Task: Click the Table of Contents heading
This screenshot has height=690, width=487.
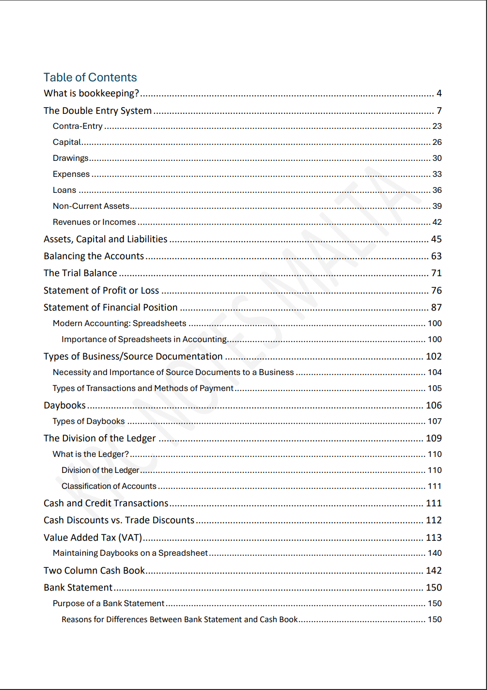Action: (90, 78)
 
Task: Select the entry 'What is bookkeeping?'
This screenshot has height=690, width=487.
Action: (91, 94)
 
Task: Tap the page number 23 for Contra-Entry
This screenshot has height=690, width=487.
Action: (437, 126)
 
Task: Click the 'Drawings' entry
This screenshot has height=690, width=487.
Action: (71, 158)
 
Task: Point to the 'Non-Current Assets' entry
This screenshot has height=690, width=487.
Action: (91, 206)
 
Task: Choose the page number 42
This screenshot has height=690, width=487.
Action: (437, 222)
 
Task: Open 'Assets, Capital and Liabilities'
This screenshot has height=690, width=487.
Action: (105, 239)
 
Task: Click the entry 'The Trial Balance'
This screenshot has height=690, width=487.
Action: (80, 273)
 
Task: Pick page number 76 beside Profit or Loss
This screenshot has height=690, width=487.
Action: (436, 291)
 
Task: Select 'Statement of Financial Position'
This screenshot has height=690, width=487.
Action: (110, 308)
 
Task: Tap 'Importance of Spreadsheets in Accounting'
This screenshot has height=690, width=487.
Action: (144, 340)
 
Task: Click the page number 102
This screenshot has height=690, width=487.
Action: (434, 357)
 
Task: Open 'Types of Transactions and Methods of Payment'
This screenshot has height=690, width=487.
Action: (143, 389)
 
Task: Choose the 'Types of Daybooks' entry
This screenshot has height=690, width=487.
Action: (89, 422)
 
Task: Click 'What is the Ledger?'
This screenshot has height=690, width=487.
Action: (91, 455)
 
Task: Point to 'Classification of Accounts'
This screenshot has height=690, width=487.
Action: (109, 486)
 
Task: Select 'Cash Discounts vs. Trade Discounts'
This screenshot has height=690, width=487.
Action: (119, 520)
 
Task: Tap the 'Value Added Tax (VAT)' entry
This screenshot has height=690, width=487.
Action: (93, 538)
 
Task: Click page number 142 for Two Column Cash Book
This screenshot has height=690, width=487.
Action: (434, 571)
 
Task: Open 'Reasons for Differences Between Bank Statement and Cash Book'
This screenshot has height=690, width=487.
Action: (179, 620)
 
